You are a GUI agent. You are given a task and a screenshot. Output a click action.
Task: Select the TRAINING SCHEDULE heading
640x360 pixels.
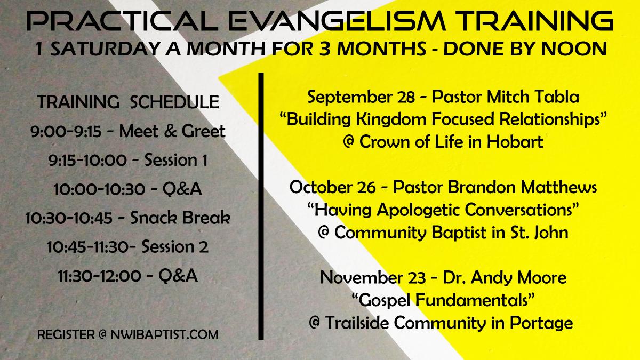pyautogui.click(x=128, y=102)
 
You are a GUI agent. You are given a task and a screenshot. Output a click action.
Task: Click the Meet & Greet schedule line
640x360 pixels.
pyautogui.click(x=127, y=131)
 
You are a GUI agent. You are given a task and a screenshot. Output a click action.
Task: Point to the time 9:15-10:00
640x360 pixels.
pyautogui.click(x=87, y=161)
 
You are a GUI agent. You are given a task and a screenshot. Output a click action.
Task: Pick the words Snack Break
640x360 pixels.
pyautogui.click(x=180, y=218)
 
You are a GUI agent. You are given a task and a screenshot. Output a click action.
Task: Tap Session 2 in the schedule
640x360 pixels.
pyautogui.click(x=175, y=246)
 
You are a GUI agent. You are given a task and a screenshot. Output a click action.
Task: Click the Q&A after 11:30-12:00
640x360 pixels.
pyautogui.click(x=178, y=276)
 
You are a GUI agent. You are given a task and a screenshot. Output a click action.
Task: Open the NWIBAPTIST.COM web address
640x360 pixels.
pyautogui.click(x=164, y=334)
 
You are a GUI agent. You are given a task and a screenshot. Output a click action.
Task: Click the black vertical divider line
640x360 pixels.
pyautogui.click(x=261, y=206)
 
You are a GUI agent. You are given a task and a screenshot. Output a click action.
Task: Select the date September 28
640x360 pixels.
pyautogui.click(x=361, y=97)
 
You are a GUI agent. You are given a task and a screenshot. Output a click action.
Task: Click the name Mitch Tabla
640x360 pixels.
pyautogui.click(x=533, y=97)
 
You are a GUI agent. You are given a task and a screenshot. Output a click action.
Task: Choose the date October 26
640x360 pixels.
pyautogui.click(x=332, y=187)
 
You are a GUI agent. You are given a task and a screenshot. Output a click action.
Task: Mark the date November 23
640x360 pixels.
pyautogui.click(x=373, y=278)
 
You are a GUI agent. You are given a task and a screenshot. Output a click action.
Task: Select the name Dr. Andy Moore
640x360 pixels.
pyautogui.click(x=505, y=278)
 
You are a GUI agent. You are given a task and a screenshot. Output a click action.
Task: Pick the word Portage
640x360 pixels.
pyautogui.click(x=541, y=323)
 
